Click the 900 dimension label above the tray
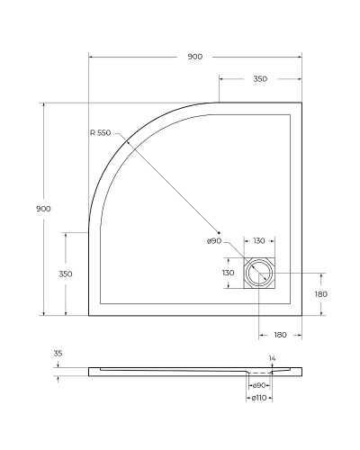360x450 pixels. coord(194,56)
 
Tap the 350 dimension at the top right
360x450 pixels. coord(259,79)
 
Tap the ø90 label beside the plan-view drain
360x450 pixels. coord(213,241)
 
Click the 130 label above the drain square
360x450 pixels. coord(259,241)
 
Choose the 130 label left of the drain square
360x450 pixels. coord(228,273)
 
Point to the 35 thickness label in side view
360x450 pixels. coord(58,355)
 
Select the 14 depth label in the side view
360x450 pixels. coord(273,358)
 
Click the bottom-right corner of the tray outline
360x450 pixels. coord(301,316)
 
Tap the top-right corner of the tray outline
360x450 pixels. coord(301,102)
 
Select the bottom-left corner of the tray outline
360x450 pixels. coord(89,316)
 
